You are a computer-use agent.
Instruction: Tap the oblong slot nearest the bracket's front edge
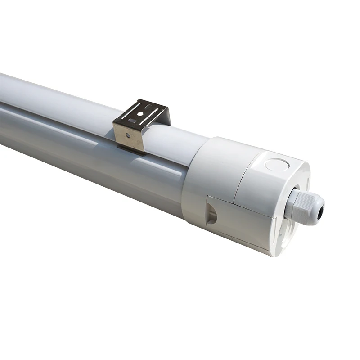(x=132, y=121)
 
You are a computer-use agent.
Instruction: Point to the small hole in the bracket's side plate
(x=129, y=135)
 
